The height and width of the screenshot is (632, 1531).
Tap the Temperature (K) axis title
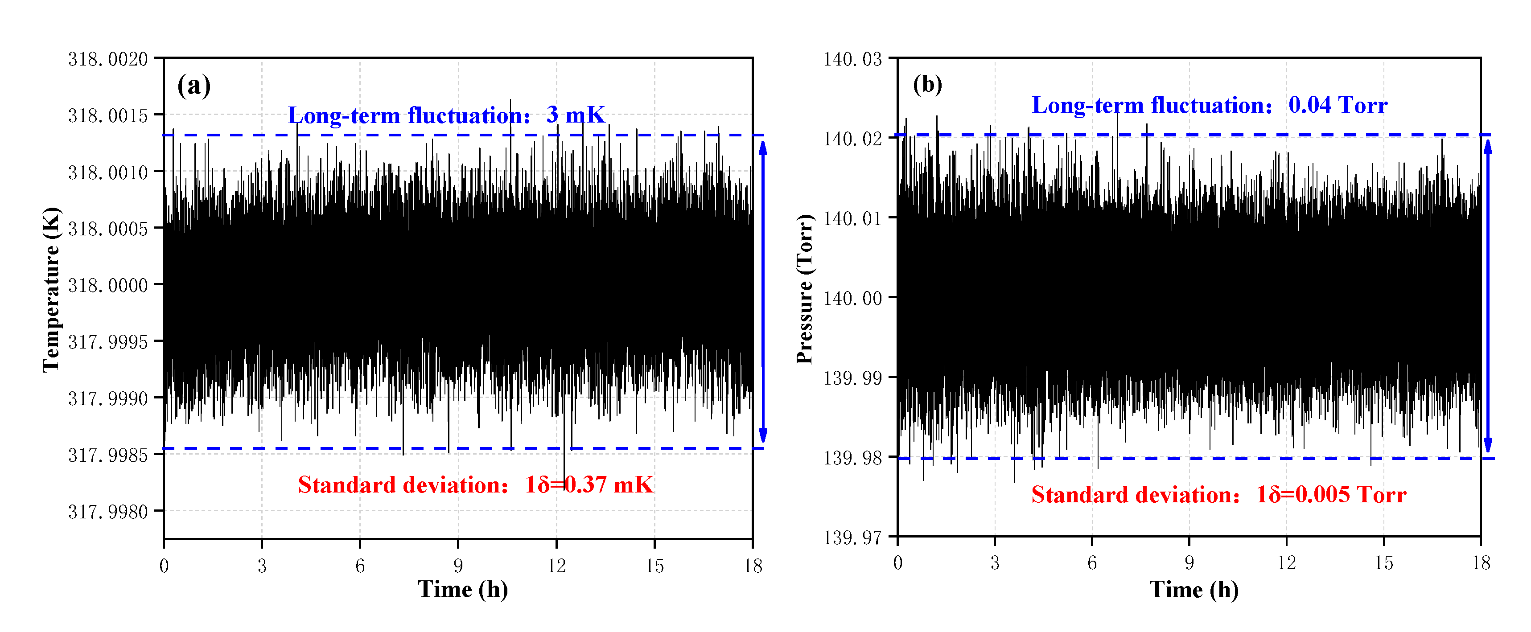tap(52, 290)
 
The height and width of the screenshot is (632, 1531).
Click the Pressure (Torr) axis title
tap(805, 289)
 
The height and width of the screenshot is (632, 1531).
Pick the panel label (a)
tap(194, 86)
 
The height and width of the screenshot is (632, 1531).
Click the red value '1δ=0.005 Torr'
tap(1331, 495)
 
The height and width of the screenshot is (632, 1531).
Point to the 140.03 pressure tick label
tap(852, 59)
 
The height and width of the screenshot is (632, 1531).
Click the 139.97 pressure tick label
tap(852, 538)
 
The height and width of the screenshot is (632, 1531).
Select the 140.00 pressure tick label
tap(852, 298)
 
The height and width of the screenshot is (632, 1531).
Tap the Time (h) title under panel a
tap(463, 590)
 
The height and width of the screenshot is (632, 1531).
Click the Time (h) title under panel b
tap(1194, 590)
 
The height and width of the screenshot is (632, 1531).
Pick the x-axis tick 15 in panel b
tap(1383, 563)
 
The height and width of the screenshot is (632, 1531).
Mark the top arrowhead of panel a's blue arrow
tap(763, 147)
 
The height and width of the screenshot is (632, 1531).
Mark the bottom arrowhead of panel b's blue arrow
tap(1488, 446)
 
